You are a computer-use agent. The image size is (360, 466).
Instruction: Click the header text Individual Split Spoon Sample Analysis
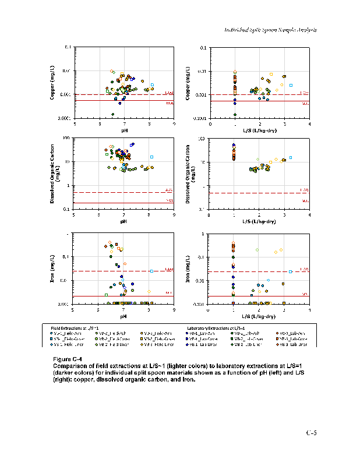click(270, 30)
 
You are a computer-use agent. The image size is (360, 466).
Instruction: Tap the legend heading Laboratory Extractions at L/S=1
click(213, 329)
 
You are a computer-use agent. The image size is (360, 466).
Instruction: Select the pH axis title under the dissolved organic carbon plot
click(123, 221)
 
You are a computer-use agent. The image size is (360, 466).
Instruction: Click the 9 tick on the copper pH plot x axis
click(174, 124)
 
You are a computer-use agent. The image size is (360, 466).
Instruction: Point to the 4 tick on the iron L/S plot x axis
click(309, 310)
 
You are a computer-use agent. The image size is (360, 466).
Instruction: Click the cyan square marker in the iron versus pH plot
click(151, 271)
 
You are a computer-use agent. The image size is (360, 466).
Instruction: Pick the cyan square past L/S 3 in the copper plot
click(291, 86)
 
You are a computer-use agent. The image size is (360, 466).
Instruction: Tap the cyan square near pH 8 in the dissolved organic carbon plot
click(151, 157)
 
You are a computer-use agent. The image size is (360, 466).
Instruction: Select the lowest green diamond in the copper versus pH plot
click(112, 114)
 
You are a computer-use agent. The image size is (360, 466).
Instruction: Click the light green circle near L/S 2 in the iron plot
click(257, 250)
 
